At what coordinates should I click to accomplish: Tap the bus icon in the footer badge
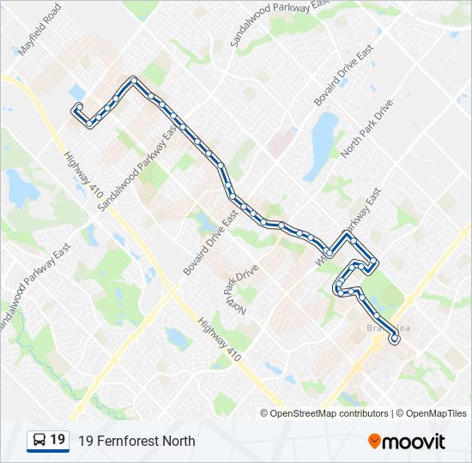39,441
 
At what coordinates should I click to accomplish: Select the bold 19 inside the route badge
57,440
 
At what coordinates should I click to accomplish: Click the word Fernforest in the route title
126,442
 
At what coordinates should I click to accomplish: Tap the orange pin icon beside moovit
375,442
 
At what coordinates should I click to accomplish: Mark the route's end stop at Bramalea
395,340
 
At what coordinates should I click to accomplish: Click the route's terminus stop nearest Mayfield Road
78,107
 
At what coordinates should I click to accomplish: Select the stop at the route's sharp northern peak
134,81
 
